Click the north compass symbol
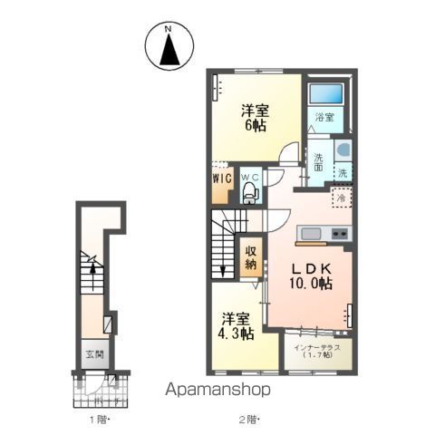[x=169, y=46]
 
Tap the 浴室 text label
[x=324, y=118]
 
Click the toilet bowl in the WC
[x=250, y=191]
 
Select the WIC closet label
[x=223, y=179]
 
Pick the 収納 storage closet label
[x=251, y=258]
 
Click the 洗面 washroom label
[x=320, y=163]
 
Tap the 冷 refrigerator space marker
[x=342, y=198]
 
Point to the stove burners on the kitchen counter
[x=340, y=236]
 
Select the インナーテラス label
[x=315, y=349]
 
